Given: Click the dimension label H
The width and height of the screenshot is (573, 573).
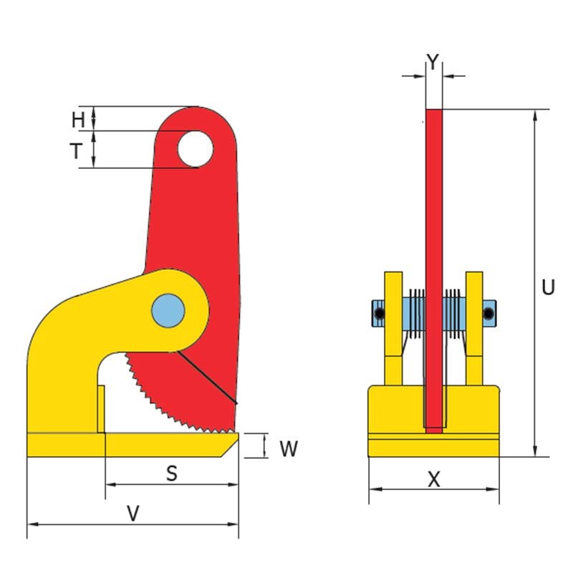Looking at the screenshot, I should pos(78,120).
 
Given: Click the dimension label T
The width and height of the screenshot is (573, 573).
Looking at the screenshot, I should pos(77,150).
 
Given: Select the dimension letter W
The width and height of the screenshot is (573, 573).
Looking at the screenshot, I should pos(288,449).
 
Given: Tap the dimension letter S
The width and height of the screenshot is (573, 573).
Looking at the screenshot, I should pos(171,473).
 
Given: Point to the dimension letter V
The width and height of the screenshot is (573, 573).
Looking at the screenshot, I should pos(132,513).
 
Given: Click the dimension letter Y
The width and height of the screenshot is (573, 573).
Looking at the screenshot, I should pos(433,62).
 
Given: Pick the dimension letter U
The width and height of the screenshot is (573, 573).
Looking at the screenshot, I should pos(548,288).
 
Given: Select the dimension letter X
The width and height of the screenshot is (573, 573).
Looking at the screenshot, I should pos(433,480).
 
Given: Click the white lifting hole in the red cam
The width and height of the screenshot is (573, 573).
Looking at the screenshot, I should pos(196,148).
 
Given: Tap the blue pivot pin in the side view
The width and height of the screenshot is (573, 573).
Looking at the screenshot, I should pos(168,309).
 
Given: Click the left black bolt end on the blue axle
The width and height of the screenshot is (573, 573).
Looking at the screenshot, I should pos(378,313).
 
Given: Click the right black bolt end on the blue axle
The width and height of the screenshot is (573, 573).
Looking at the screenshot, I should pos(488,313).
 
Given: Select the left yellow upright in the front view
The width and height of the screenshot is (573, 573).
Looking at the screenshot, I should pos(393,329).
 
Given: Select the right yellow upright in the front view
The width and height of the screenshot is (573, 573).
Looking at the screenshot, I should pos(473,329).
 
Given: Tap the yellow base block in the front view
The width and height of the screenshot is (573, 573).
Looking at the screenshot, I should pos(433,423).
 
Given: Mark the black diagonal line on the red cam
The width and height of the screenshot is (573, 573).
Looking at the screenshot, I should pos(208,376).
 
